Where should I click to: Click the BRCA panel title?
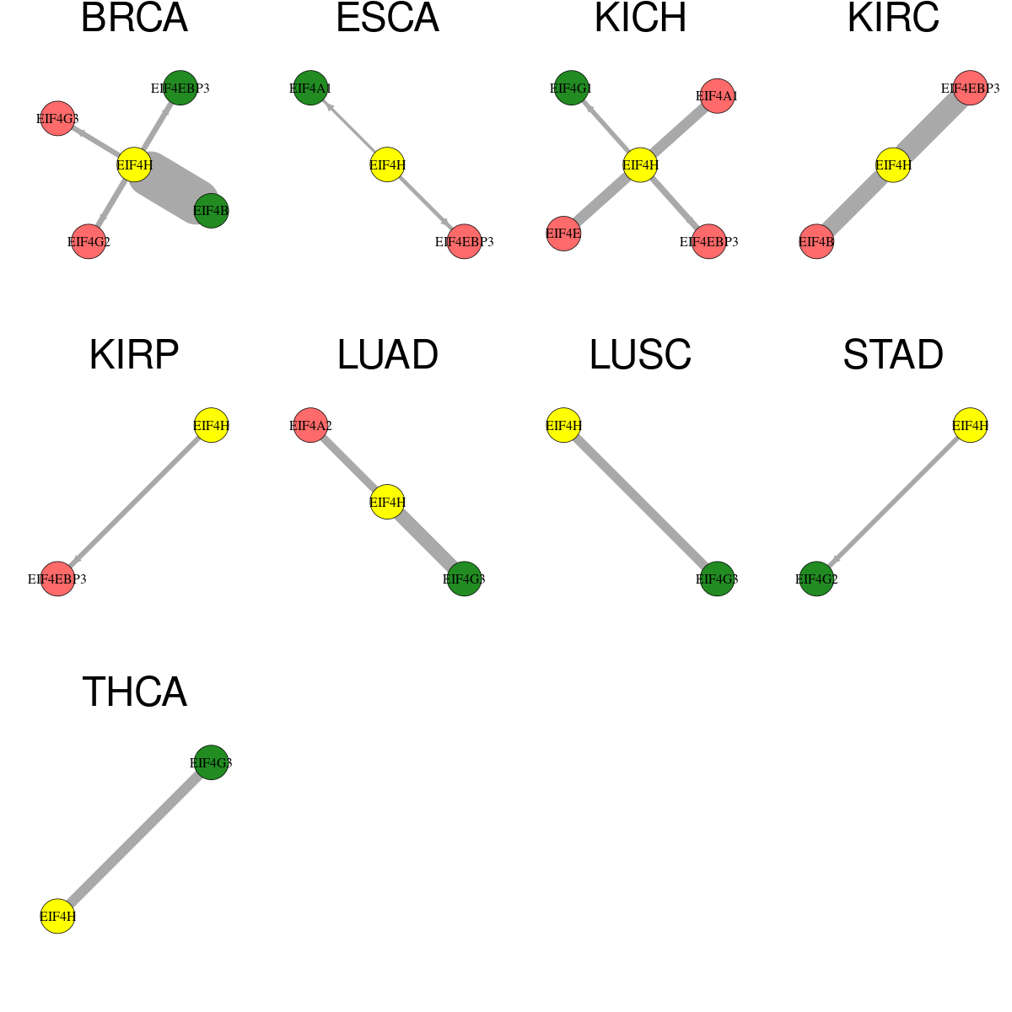(134, 18)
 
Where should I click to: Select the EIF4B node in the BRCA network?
(211, 211)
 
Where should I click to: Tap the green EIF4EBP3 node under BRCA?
(180, 88)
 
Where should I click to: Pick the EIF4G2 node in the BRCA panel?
(89, 241)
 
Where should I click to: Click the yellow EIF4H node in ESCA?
(388, 165)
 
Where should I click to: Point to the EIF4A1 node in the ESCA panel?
(310, 88)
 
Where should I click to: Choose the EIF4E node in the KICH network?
(563, 233)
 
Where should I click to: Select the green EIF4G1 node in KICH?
(572, 88)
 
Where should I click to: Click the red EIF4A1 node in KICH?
(717, 96)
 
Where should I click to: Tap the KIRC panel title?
(893, 18)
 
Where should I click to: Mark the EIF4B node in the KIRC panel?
(816, 241)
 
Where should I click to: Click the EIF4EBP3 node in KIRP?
(57, 579)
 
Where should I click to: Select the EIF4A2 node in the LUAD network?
(310, 425)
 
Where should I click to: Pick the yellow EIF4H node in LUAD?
(388, 502)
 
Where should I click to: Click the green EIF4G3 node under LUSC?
(717, 579)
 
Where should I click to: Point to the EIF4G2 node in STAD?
(816, 579)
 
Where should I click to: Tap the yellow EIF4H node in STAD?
(970, 425)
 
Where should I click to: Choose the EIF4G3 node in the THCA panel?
(211, 762)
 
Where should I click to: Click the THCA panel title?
(134, 692)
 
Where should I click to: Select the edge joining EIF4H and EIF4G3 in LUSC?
(640, 502)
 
